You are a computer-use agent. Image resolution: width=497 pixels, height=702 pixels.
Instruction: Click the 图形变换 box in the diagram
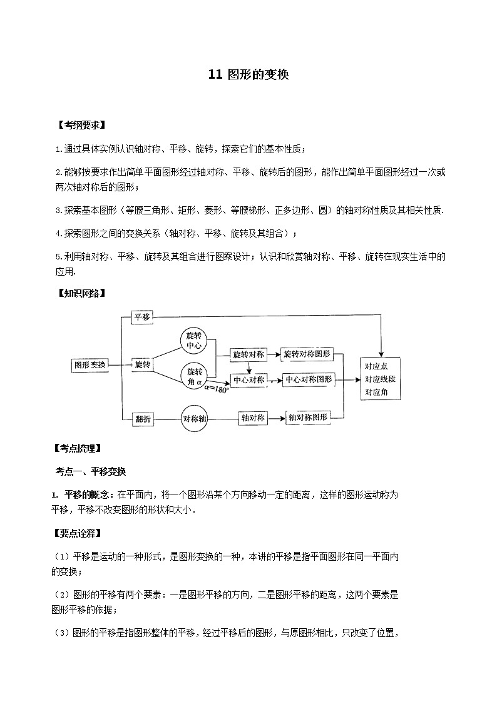[x=90, y=364]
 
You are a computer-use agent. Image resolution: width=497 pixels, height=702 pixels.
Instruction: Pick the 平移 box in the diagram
[x=142, y=317]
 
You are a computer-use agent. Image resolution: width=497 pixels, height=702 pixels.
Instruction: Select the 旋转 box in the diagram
[x=142, y=364]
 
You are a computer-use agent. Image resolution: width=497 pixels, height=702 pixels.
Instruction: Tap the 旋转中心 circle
[x=194, y=339]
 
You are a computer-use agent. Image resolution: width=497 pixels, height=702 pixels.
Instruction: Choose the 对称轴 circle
[x=194, y=419]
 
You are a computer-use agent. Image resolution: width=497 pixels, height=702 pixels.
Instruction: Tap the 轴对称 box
[x=254, y=419]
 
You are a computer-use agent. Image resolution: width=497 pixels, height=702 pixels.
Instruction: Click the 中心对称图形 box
[x=309, y=379]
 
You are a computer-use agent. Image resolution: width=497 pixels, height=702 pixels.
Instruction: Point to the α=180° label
[x=218, y=388]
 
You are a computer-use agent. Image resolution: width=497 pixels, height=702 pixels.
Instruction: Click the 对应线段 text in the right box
[x=380, y=379]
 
